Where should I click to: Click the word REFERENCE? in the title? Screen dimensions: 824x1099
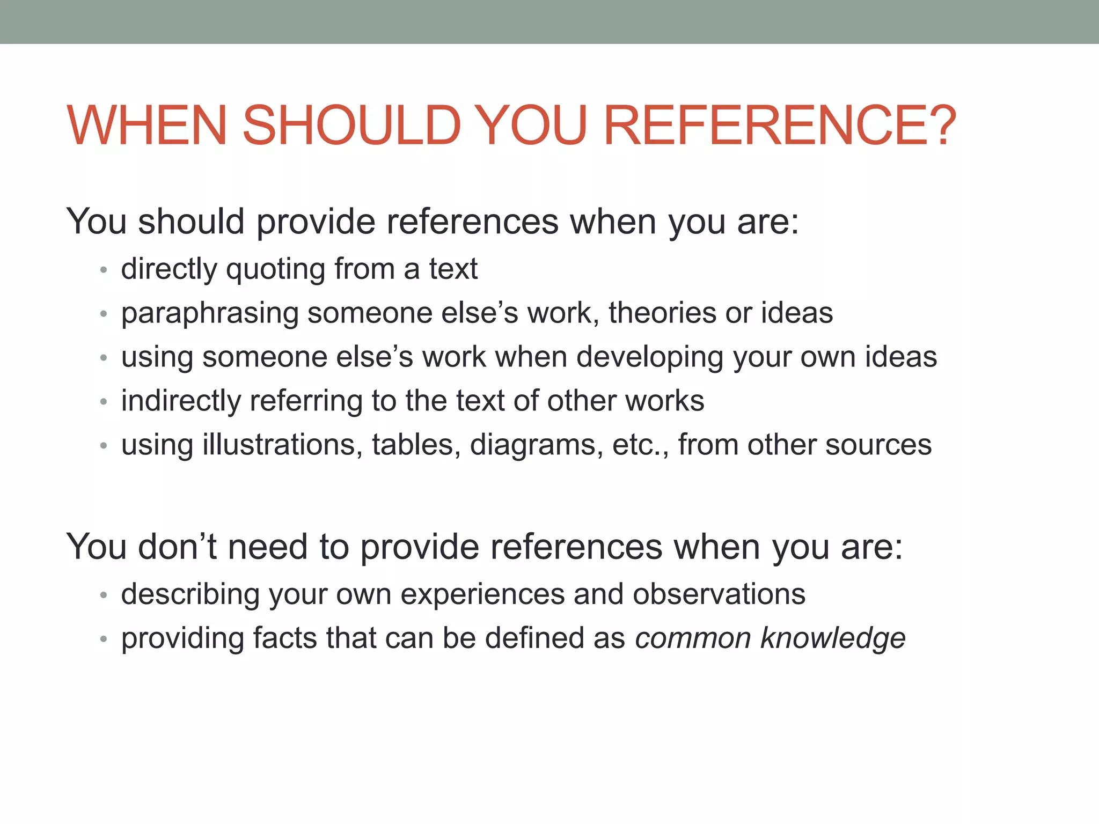click(780, 125)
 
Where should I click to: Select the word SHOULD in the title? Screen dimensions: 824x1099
click(351, 125)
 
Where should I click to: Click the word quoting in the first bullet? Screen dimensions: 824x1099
click(275, 269)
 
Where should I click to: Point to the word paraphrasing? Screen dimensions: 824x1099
click(210, 314)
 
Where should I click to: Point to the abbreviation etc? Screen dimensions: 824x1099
click(641, 445)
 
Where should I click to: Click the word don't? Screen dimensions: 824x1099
click(178, 547)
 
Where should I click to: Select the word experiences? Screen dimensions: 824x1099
click(482, 595)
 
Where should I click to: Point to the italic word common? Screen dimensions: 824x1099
click(693, 639)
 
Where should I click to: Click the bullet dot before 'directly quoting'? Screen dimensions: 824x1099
click(104, 270)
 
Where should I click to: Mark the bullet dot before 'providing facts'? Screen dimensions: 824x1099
click(104, 639)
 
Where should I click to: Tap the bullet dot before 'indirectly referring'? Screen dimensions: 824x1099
click(104, 402)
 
